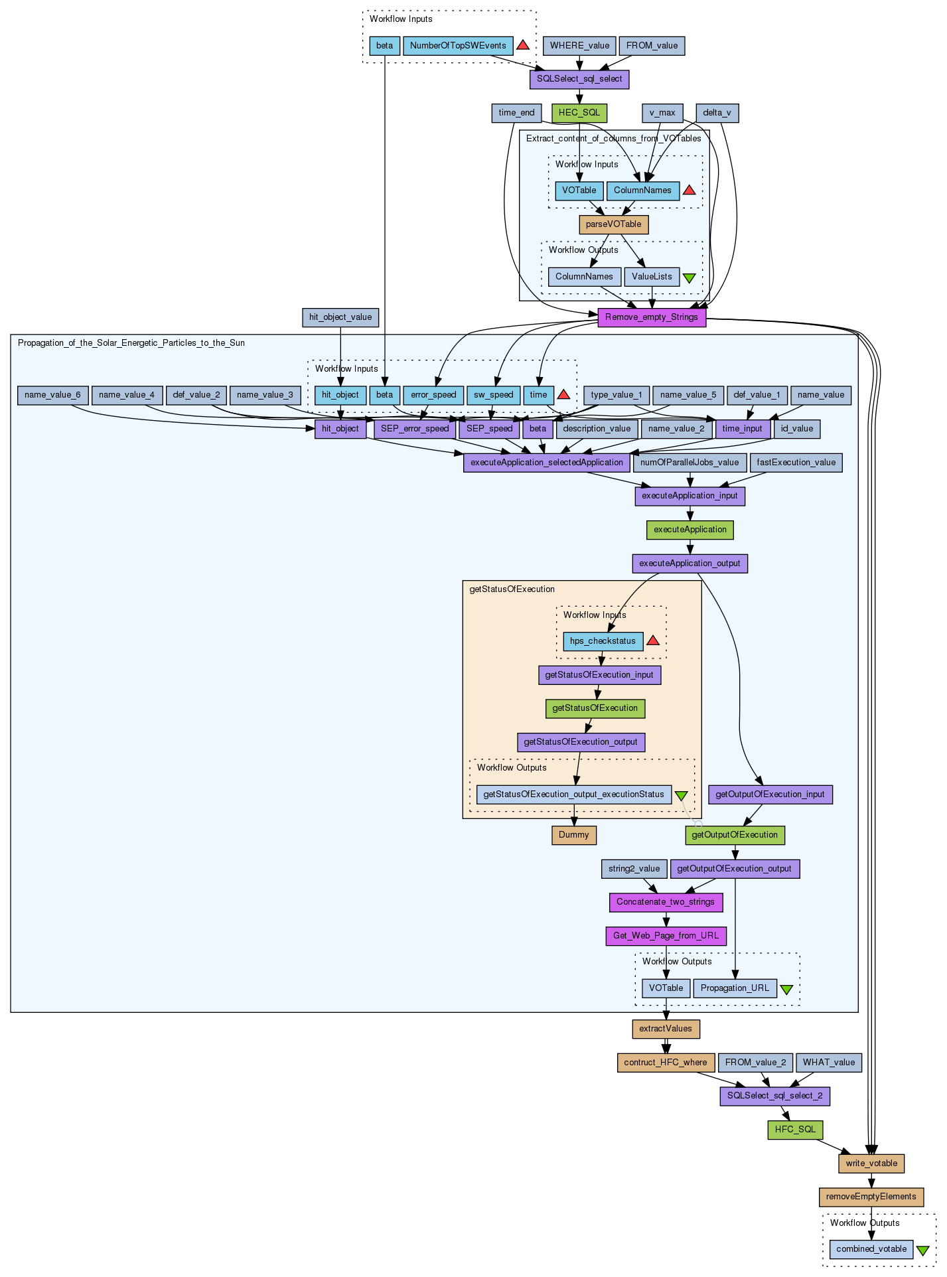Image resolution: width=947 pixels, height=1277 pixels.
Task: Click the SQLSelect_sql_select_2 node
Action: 774,1096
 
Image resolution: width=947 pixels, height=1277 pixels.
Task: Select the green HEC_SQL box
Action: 579,113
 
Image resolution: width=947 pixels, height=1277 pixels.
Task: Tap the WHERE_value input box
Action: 579,46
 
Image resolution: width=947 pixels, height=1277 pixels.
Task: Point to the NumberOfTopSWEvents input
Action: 458,46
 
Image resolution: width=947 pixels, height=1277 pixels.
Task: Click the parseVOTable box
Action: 613,224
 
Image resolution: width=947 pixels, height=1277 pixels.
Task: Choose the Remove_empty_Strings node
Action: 651,317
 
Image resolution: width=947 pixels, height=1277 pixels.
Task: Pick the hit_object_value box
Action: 340,317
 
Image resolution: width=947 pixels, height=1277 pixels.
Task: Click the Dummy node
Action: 574,835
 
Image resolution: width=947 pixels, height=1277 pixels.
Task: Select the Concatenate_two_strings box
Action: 666,902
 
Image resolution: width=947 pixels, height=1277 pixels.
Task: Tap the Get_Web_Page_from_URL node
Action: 666,936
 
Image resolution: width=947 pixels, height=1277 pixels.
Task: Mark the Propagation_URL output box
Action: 735,988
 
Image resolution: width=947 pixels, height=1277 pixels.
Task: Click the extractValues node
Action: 666,1029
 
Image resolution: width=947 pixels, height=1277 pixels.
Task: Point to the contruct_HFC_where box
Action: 666,1063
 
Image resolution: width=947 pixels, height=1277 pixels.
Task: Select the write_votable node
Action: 871,1164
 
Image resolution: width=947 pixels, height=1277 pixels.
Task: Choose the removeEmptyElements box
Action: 871,1197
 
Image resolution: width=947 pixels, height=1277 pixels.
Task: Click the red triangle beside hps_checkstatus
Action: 653,640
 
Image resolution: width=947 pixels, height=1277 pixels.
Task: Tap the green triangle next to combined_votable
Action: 922,1250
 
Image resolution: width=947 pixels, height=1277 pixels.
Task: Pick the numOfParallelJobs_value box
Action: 690,463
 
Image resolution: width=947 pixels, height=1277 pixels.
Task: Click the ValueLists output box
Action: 652,277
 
